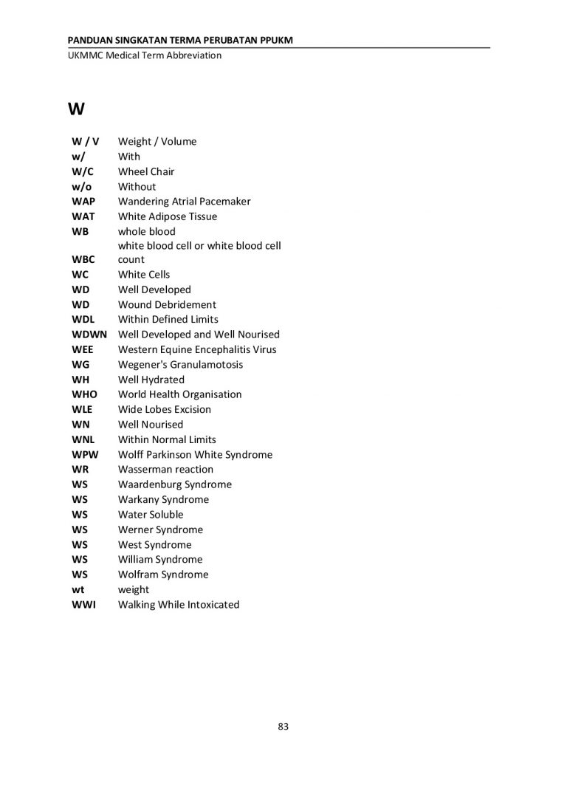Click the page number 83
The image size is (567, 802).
283,727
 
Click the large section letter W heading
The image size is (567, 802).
76,110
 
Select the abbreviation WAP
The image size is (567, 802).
83,202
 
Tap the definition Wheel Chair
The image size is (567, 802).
146,171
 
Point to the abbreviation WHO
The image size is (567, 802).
84,394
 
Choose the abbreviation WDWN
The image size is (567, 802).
89,335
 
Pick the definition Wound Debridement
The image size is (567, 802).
167,304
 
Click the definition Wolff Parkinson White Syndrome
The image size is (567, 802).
195,454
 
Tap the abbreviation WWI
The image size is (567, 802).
83,604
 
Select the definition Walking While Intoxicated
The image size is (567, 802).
179,604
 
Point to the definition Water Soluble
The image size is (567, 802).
151,514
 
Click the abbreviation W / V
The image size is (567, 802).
86,141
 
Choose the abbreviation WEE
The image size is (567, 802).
82,349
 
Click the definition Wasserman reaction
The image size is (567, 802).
165,469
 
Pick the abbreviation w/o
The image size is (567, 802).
82,186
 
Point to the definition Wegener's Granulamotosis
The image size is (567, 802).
180,365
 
